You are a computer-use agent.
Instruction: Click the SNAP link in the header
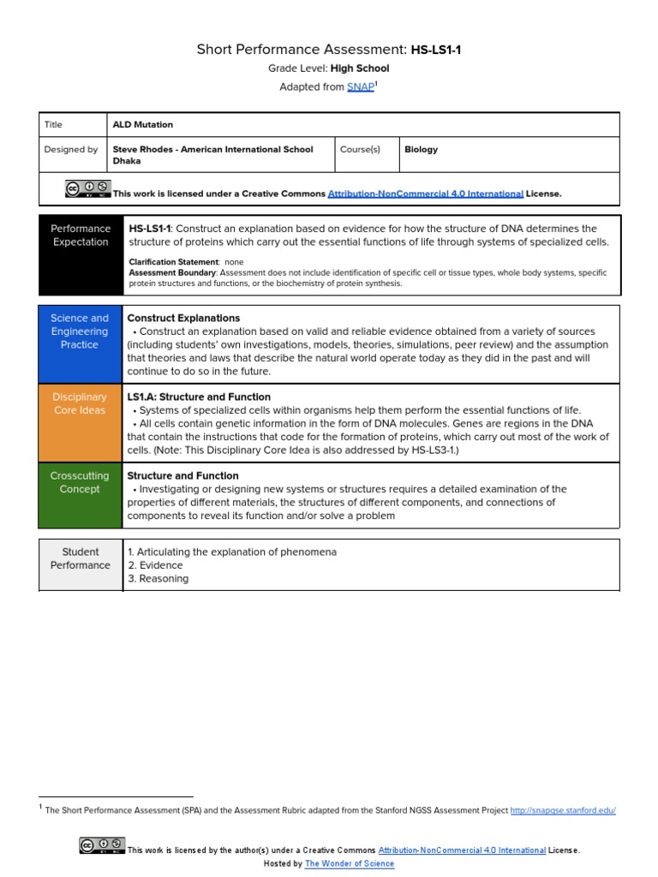click(x=360, y=87)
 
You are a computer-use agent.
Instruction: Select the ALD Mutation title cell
click(x=142, y=125)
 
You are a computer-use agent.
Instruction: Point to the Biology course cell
click(x=421, y=149)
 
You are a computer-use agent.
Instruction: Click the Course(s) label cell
click(x=360, y=149)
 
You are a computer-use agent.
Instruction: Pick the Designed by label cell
click(x=71, y=149)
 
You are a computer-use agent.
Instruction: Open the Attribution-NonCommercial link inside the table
click(x=425, y=194)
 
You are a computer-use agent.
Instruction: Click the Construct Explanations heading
click(x=183, y=318)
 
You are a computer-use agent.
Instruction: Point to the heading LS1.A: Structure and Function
click(x=199, y=397)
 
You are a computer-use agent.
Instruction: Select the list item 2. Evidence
click(x=155, y=565)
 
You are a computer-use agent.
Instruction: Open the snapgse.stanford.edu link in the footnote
click(x=562, y=810)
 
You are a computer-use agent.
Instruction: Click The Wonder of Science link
click(x=350, y=864)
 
